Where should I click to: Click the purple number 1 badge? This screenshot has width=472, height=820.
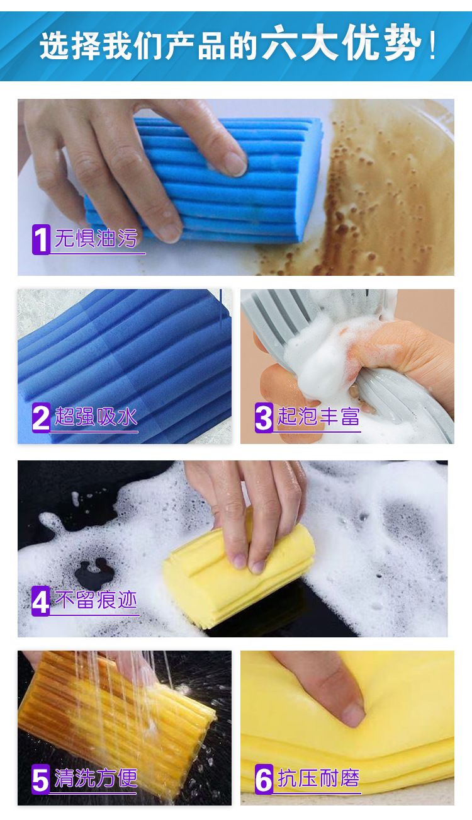[x=41, y=239]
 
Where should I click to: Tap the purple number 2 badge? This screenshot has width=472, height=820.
[x=41, y=418]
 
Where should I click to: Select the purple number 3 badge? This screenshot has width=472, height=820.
[x=264, y=418]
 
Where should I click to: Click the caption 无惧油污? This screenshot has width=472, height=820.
[x=96, y=238]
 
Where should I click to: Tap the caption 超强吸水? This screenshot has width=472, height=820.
[x=96, y=416]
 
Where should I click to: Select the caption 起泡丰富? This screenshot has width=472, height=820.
[x=318, y=416]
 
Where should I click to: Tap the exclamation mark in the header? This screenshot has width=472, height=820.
[x=432, y=45]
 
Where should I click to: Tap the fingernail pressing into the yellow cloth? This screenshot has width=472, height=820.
[x=352, y=715]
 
